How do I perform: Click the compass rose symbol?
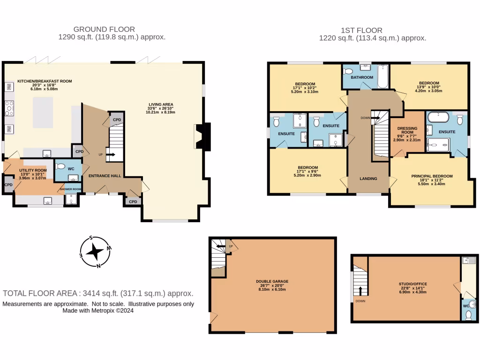(96, 252)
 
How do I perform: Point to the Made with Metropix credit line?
(98, 310)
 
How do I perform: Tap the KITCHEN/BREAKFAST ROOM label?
(45, 81)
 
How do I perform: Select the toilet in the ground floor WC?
(60, 166)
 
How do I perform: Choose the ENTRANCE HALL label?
(105, 176)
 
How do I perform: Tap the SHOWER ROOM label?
(70, 189)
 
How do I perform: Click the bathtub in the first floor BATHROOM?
(382, 77)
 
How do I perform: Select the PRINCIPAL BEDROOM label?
(432, 176)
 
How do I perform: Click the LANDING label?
(368, 179)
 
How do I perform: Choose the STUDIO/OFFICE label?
(412, 284)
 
